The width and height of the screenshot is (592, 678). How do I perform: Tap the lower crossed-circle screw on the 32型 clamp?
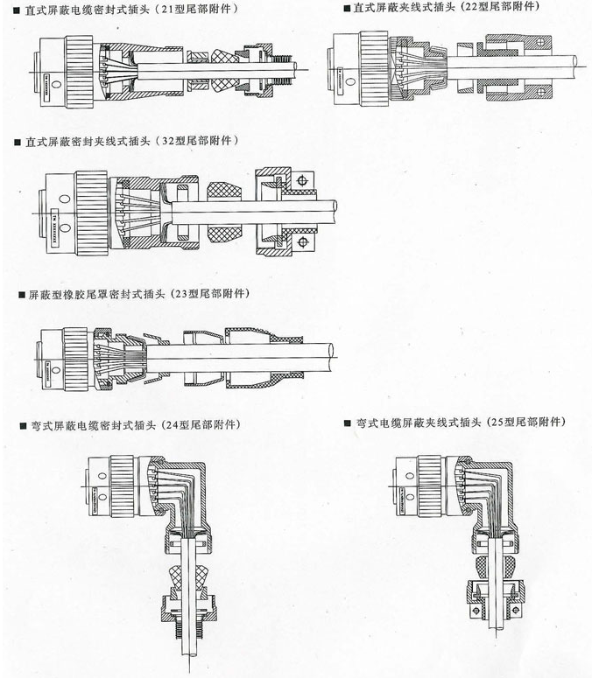point(302,241)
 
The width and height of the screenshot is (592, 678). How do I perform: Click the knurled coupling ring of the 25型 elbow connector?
point(430,486)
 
